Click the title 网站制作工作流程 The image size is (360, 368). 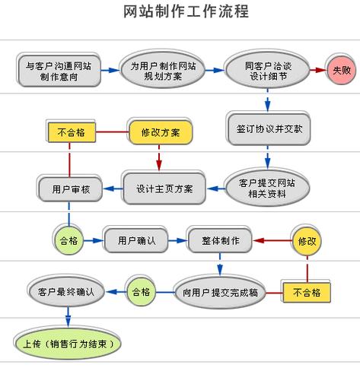pos(180,13)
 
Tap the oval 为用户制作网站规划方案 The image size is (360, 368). pos(160,71)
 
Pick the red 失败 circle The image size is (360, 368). pos(339,71)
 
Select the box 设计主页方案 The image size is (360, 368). pos(164,188)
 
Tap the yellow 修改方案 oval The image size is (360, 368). pos(161,132)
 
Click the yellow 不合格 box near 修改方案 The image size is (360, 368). pos(70,132)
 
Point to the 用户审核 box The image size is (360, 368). pos(70,188)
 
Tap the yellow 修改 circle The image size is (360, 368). pos(307,240)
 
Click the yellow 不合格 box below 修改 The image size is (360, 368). pos(306,291)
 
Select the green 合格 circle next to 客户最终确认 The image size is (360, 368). pos(141,291)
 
